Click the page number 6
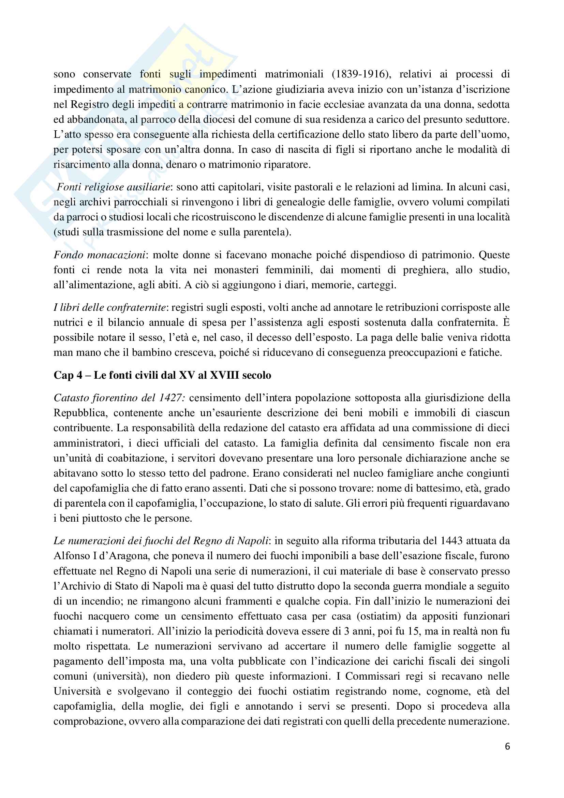click(x=507, y=746)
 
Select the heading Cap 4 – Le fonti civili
click(x=162, y=375)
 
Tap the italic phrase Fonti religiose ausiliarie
click(x=114, y=187)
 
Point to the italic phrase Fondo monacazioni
click(x=99, y=255)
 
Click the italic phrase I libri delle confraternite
click(x=109, y=307)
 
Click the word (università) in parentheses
click(x=120, y=676)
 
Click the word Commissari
click(x=374, y=676)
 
